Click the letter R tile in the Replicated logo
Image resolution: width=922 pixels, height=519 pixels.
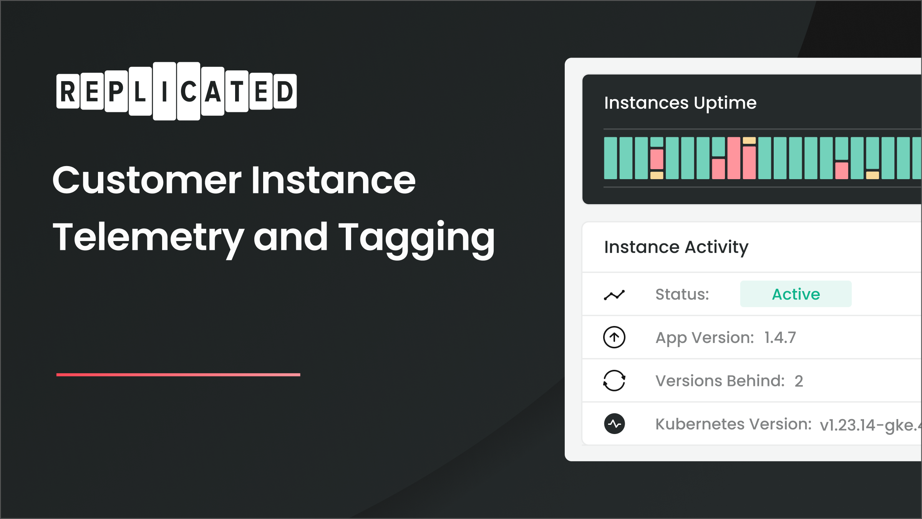point(68,91)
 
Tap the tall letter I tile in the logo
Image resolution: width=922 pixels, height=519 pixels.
point(164,91)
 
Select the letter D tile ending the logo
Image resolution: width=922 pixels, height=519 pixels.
point(285,91)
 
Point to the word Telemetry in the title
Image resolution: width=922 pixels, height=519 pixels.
point(148,238)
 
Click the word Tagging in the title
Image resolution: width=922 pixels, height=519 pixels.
point(416,238)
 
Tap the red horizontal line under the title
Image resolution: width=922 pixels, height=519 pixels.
point(178,374)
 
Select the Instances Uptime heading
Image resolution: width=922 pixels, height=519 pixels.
point(680,103)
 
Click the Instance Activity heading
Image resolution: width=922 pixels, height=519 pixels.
point(676,247)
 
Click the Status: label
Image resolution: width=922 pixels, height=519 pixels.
point(682,294)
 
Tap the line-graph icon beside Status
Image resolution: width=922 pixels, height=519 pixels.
point(614,295)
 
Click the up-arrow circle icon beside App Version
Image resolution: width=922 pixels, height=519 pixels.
point(614,337)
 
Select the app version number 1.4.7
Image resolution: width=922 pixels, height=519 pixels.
point(780,338)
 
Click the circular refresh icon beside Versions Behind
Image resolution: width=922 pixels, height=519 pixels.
point(614,381)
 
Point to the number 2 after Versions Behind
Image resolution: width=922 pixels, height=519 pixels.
point(799,381)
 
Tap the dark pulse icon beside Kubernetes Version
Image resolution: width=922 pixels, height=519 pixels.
point(614,424)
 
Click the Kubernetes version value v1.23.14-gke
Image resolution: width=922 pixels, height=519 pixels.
point(870,425)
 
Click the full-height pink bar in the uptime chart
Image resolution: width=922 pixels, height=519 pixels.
point(733,158)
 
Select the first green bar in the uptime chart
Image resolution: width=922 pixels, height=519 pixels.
point(610,158)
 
